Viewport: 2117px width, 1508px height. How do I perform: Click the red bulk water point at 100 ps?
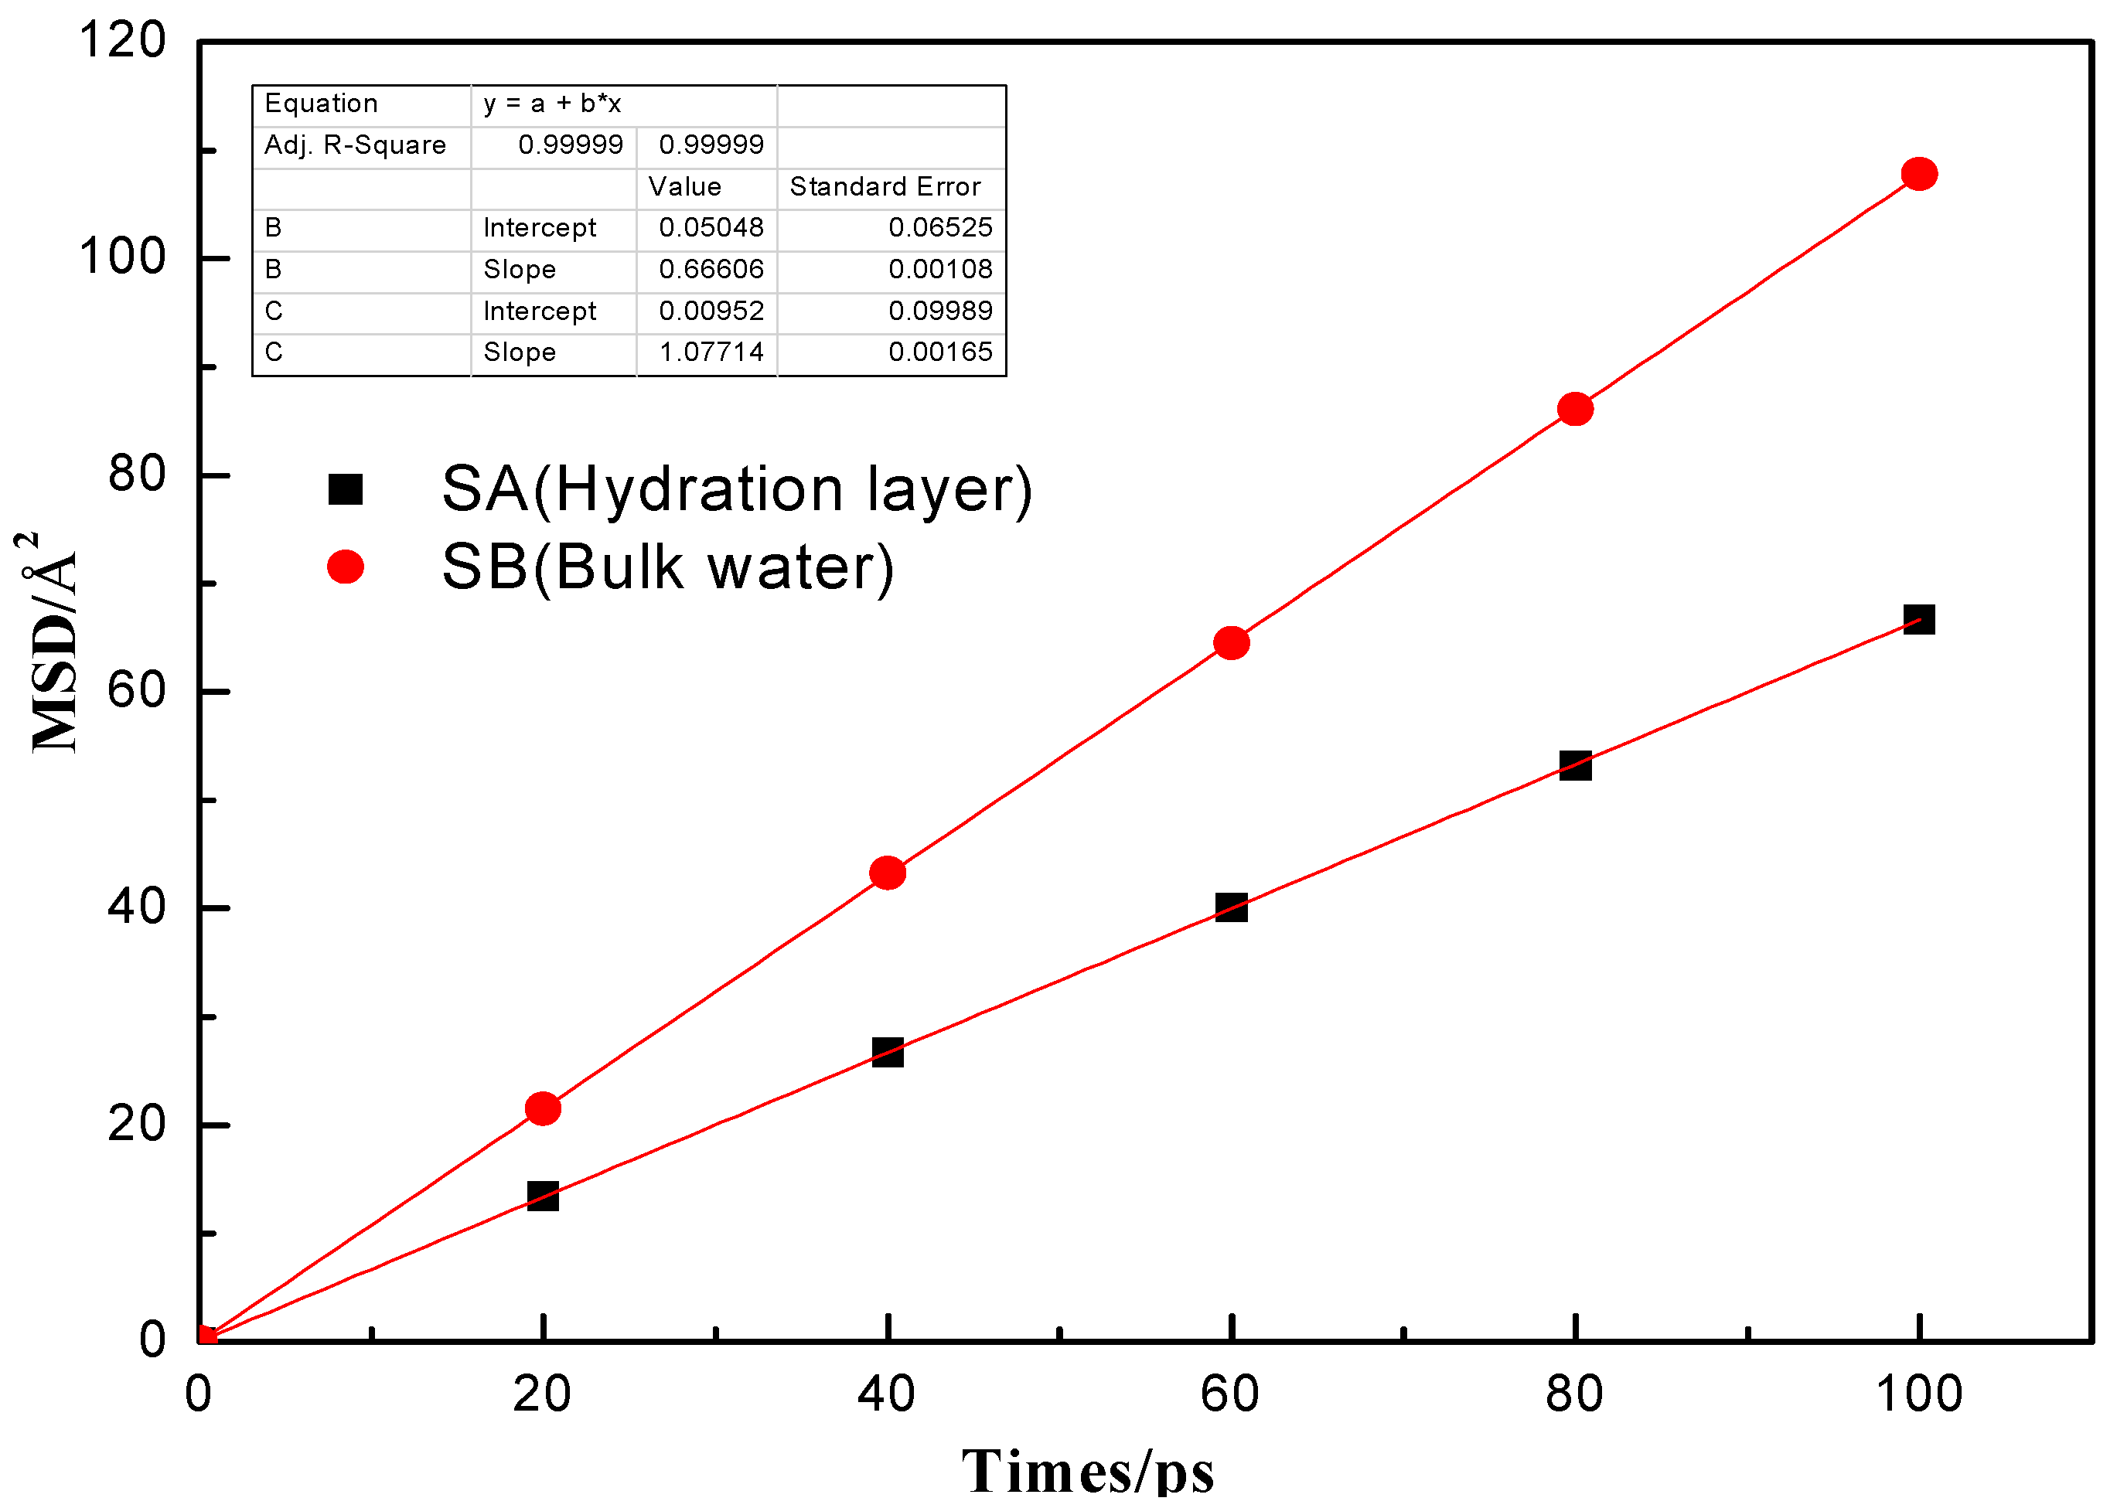(1919, 174)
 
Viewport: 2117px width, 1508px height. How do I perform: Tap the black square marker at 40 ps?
(888, 1052)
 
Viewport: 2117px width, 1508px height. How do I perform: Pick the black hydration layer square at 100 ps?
(1919, 619)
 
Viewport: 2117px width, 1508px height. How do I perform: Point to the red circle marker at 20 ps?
(544, 1108)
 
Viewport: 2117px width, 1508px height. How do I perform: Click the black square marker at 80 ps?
(1576, 766)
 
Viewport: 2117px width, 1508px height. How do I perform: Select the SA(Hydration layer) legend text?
(737, 489)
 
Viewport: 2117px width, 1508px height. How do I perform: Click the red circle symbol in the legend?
(346, 567)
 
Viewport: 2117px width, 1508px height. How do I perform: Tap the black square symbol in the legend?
(346, 489)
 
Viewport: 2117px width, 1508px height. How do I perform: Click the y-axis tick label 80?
(137, 475)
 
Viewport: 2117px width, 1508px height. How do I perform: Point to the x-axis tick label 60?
(1230, 1394)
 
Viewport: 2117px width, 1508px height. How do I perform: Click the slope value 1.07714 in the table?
(711, 352)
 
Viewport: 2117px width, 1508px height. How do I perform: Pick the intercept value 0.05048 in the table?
(711, 227)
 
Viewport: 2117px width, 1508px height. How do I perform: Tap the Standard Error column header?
(885, 186)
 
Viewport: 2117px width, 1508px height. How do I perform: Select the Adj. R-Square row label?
(355, 145)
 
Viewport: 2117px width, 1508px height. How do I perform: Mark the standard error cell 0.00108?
(940, 269)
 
